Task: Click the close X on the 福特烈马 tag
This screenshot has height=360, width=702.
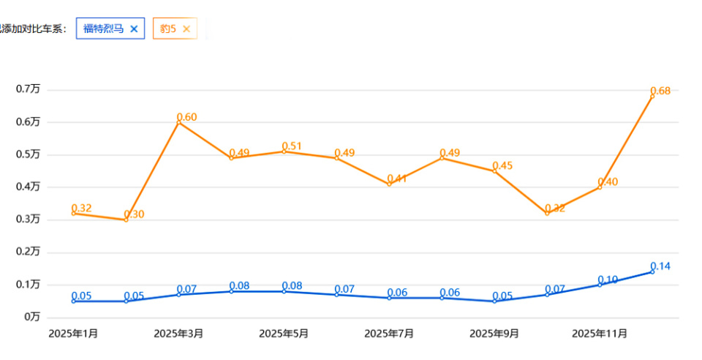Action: [134, 29]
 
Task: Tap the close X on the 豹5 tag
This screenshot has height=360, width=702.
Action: [186, 29]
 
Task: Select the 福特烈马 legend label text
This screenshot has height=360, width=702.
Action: [103, 29]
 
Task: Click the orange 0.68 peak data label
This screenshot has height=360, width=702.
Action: [660, 91]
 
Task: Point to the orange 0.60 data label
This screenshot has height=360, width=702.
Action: [187, 117]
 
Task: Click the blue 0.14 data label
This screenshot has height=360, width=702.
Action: [660, 266]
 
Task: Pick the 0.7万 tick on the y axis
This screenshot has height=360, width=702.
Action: [29, 89]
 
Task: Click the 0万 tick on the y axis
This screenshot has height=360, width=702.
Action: [31, 318]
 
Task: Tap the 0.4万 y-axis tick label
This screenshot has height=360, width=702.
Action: [29, 187]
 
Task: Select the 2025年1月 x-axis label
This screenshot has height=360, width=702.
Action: [73, 334]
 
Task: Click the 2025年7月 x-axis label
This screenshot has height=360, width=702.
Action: [389, 334]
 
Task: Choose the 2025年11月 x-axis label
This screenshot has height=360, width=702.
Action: [600, 334]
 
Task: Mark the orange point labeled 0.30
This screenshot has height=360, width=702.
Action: [126, 220]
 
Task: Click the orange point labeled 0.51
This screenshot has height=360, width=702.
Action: [284, 151]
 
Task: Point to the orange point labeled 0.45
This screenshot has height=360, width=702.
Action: [494, 170]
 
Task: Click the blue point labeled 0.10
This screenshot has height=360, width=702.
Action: [600, 285]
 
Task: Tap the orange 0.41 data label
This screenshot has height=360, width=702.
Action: [398, 179]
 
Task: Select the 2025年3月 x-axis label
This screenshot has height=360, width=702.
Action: [178, 334]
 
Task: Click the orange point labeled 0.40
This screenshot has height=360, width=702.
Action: [600, 187]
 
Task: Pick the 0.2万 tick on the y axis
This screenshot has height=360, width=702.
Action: [29, 252]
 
